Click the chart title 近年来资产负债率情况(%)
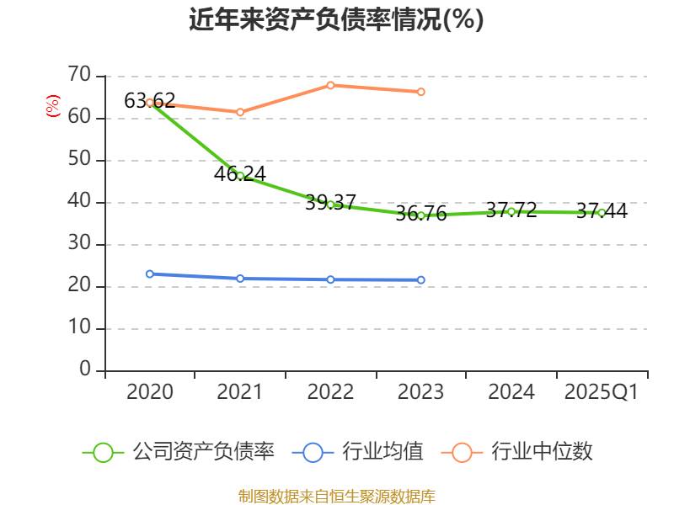(336, 19)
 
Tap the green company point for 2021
(240, 176)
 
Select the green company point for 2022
(330, 205)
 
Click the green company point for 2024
(511, 211)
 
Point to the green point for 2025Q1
(601, 213)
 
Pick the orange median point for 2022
(330, 85)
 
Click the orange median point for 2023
(421, 92)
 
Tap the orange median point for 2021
(240, 112)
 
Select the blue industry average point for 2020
(150, 274)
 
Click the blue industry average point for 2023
(421, 279)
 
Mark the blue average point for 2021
(240, 279)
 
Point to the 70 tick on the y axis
(80, 76)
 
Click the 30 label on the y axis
(80, 244)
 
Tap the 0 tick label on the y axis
(85, 370)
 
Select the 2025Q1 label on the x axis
(602, 392)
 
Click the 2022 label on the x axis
(330, 392)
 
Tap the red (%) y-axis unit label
(52, 107)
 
